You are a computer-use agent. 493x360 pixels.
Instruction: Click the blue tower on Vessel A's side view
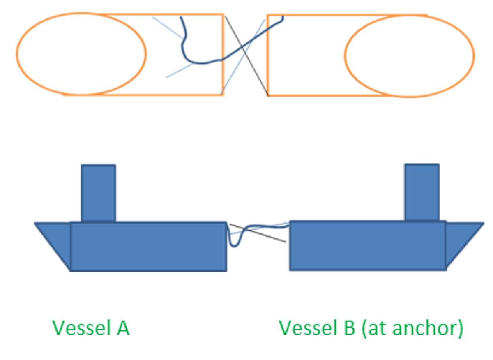click(x=98, y=193)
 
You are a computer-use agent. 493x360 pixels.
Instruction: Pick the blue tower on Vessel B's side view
click(x=422, y=192)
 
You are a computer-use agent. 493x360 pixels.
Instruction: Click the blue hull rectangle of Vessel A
click(x=148, y=247)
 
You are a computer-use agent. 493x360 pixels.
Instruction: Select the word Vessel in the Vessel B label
click(x=306, y=328)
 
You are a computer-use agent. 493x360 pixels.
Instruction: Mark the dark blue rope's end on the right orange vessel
click(x=283, y=17)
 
